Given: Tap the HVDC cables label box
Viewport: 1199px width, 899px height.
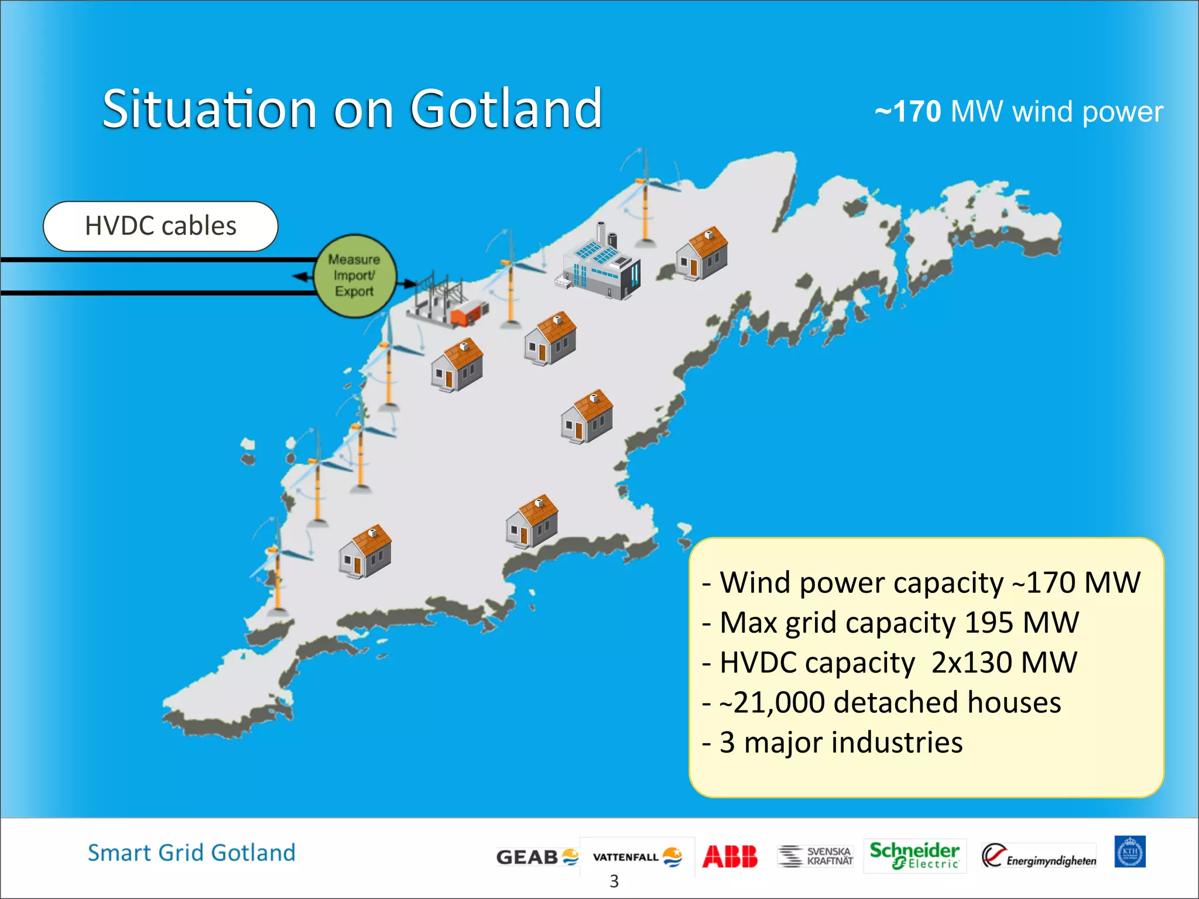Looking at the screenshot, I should (160, 226).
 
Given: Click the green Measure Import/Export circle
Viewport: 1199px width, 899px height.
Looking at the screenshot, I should (354, 276).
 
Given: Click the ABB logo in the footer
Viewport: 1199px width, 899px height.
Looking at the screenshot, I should (729, 856).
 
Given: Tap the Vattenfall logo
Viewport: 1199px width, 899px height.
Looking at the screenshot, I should (637, 857).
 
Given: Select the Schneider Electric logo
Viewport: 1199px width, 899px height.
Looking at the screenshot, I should (914, 855).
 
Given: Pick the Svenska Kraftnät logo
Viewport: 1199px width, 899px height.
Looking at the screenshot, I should (815, 856).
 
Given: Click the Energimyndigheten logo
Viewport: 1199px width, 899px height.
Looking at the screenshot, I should (1039, 856).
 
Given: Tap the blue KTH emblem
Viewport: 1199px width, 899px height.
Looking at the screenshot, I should (1129, 852).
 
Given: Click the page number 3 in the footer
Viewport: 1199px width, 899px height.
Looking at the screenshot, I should (614, 881).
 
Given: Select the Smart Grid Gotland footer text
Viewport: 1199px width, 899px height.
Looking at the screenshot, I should (191, 853).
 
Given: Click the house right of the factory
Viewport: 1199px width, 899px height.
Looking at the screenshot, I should (701, 254).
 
